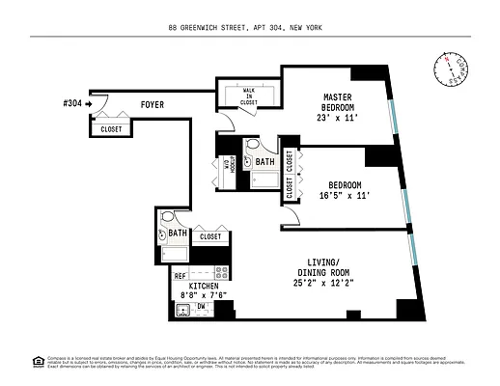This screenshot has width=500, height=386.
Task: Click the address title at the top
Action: [x=250, y=29]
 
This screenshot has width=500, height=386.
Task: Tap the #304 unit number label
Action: [x=70, y=103]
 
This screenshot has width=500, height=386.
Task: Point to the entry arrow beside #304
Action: [x=88, y=103]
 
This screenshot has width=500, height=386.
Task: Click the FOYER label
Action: [x=152, y=103]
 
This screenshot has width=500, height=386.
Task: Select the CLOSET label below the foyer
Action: [x=111, y=128]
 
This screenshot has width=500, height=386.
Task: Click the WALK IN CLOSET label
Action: [x=248, y=95]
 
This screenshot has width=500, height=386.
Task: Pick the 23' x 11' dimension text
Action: [x=337, y=119]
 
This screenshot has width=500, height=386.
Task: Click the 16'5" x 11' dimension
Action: [x=344, y=196]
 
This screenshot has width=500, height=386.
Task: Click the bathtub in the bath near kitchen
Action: [x=175, y=254]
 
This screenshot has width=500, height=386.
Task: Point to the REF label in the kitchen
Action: [x=180, y=276]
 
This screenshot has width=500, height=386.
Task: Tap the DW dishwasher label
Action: [x=202, y=307]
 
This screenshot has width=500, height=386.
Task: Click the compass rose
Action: [x=449, y=68]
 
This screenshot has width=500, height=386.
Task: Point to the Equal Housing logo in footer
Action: [x=39, y=361]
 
